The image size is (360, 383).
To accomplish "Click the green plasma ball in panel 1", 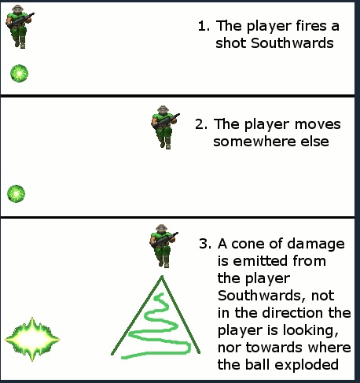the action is point(20,73).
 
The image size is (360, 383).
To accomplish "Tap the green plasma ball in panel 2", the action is point(17,194).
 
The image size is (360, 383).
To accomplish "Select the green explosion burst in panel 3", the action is point(32,339).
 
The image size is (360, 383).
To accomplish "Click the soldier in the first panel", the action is point(20,27).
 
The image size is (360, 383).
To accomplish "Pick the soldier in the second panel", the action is point(165,127).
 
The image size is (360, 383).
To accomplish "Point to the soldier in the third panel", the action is point(164,246).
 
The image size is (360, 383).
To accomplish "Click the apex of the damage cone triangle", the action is point(162,276).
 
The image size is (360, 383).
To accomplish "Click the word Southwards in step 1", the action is point(292,43).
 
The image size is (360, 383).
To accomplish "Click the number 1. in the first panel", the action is point(204,26).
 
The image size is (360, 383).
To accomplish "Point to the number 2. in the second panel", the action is point(201,124).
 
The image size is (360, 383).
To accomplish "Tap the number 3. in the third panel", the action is point(205,244).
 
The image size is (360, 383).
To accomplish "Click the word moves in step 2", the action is point(318,124).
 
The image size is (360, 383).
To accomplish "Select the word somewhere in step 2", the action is point(255,142).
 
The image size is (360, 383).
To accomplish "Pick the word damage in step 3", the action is point(316,245).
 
